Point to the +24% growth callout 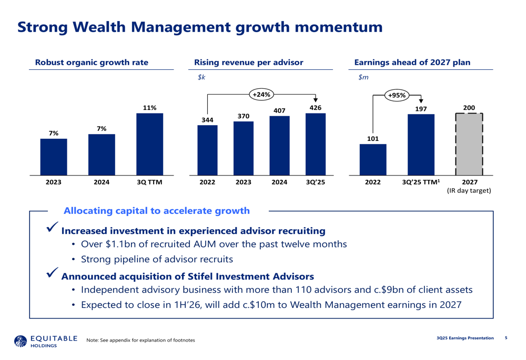(261, 95)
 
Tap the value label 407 (279, 111)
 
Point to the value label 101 (372, 139)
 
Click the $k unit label (201, 77)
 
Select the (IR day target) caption (469, 191)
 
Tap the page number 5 (506, 337)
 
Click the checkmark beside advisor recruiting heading (53, 228)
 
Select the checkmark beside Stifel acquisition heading (53, 273)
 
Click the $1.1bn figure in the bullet (123, 244)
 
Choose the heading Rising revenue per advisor (249, 63)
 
